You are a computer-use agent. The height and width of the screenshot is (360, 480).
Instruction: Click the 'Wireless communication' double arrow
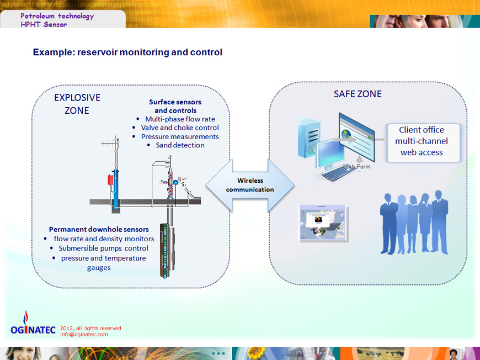point(250,185)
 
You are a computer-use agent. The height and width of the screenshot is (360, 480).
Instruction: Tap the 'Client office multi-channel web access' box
point(423,143)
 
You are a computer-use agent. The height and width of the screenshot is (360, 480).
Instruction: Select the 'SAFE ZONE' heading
point(358,94)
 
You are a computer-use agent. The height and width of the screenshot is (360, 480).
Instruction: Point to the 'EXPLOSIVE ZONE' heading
point(77,104)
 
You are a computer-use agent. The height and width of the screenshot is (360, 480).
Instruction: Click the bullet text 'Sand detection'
point(180,145)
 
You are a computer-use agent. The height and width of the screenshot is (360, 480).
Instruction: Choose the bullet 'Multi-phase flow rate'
point(180,119)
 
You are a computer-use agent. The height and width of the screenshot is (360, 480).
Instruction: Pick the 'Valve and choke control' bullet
point(180,128)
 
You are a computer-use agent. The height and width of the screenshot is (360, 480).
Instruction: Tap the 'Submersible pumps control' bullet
point(104,248)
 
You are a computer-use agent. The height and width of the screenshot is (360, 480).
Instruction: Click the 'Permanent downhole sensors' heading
point(99,229)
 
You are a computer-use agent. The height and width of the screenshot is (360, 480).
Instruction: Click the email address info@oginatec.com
point(84,335)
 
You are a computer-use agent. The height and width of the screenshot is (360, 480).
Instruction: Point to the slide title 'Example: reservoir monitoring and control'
point(127,52)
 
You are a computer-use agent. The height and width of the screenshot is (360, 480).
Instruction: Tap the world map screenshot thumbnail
point(323,223)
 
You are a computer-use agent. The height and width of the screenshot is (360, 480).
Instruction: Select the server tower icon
point(309,137)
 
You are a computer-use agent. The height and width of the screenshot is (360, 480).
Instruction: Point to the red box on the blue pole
point(110,180)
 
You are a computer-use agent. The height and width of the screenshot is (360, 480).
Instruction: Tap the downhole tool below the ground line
point(167,250)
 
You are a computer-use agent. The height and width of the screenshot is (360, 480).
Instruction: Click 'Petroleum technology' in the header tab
point(57,16)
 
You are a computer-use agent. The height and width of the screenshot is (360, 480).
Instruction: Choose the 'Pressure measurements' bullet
point(180,136)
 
